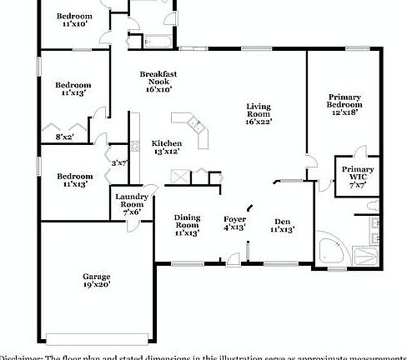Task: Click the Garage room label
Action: pyautogui.click(x=97, y=277)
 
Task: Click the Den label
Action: pyautogui.click(x=284, y=221)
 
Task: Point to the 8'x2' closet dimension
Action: pyautogui.click(x=64, y=136)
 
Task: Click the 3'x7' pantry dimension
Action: pyautogui.click(x=120, y=162)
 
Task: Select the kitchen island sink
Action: pyautogui.click(x=199, y=125)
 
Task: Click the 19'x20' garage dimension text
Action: pyautogui.click(x=97, y=285)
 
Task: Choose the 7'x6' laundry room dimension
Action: pyautogui.click(x=132, y=212)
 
